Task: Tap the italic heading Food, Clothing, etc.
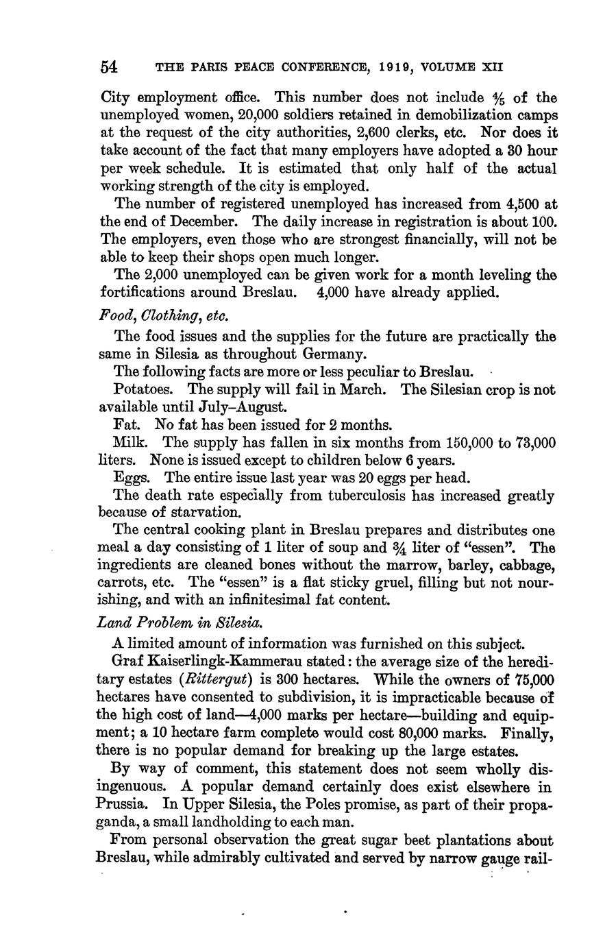point(164,316)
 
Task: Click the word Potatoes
point(146,389)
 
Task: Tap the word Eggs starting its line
point(129,478)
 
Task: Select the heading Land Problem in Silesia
point(181,622)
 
